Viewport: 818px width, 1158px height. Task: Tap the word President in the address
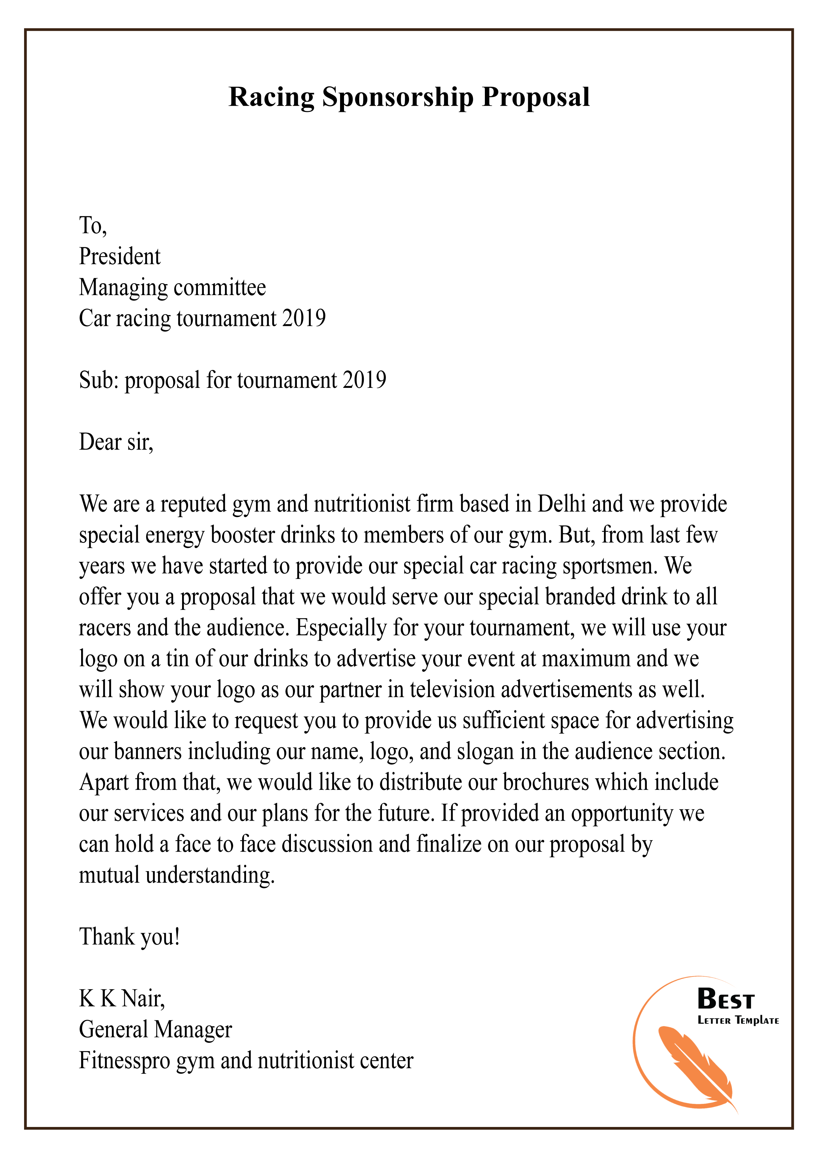click(x=119, y=257)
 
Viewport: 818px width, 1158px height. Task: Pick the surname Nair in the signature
click(x=143, y=999)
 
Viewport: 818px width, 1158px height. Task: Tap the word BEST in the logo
click(x=725, y=999)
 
